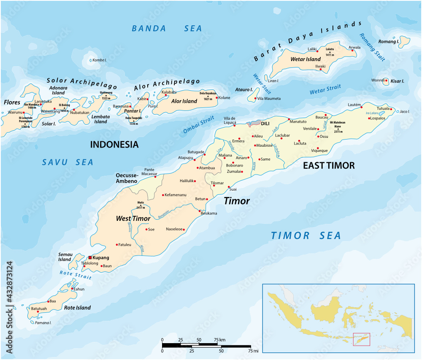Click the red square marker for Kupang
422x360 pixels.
click(x=90, y=258)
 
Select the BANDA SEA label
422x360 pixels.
click(x=167, y=29)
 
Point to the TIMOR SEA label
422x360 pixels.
click(x=306, y=236)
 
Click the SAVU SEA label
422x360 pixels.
click(x=68, y=162)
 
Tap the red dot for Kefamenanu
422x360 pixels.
click(x=163, y=195)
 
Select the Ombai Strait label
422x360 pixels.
click(x=199, y=126)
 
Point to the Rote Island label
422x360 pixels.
click(x=77, y=308)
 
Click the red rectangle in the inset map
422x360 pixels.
click(x=361, y=339)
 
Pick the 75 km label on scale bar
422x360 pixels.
click(x=219, y=339)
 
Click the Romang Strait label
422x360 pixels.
click(x=372, y=47)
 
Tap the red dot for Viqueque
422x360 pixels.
click(x=318, y=148)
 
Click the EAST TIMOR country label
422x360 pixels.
click(x=329, y=166)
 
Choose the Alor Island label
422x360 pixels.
click(x=184, y=101)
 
